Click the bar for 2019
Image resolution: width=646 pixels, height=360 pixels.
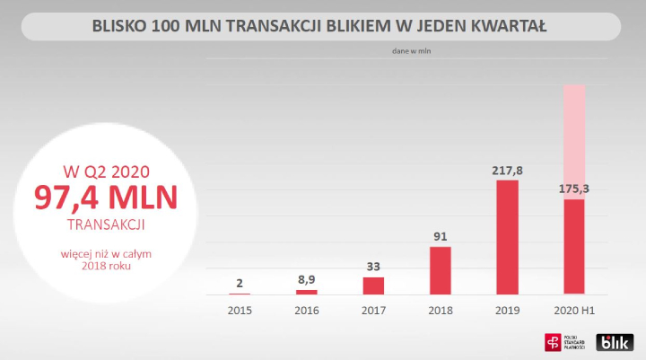(507, 237)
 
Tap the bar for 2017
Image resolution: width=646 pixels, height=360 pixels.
(373, 285)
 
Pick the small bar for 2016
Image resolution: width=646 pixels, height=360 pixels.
(307, 292)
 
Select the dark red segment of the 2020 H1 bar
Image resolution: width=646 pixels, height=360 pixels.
(573, 247)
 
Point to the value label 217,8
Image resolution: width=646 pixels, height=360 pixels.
(507, 169)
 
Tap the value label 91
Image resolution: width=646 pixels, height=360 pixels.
(440, 236)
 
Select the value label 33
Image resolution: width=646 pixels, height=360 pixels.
(373, 267)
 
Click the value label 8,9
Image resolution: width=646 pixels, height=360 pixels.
(307, 280)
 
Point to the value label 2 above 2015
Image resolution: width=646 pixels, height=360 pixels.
(240, 283)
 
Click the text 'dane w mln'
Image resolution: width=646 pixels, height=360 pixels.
(413, 51)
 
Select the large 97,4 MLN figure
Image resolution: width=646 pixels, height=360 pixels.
(106, 198)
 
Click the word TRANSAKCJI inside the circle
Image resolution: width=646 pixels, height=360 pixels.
(106, 224)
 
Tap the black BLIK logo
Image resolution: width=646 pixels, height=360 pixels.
(615, 342)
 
